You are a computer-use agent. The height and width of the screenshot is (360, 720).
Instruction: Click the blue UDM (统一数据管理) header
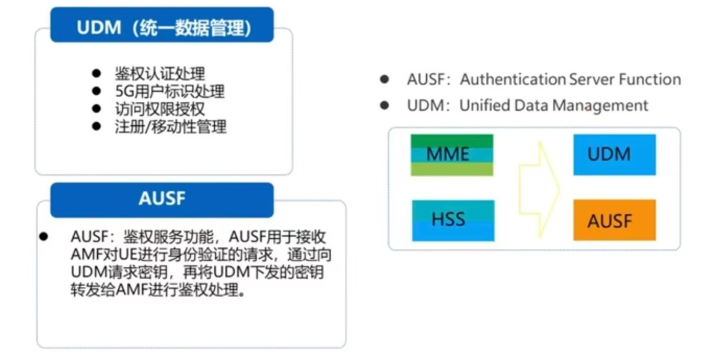(x=162, y=26)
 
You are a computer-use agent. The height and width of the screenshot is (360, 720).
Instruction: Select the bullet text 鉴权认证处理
(x=160, y=73)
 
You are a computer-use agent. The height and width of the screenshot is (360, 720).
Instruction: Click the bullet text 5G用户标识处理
(x=170, y=91)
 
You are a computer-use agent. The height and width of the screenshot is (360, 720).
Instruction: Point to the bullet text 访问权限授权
(x=160, y=109)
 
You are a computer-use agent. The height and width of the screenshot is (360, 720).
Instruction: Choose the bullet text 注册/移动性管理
(x=171, y=126)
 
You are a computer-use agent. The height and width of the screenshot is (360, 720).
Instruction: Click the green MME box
(x=452, y=155)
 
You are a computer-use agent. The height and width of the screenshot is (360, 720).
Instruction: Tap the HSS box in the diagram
(x=453, y=220)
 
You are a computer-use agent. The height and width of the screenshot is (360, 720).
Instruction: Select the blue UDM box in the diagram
(x=614, y=155)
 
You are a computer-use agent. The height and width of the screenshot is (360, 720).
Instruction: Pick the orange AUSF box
(x=614, y=220)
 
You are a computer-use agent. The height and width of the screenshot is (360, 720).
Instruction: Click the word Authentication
(x=513, y=79)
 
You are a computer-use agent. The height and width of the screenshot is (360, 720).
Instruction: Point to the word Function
(x=650, y=79)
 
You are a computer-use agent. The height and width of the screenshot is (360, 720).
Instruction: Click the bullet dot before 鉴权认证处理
(x=96, y=73)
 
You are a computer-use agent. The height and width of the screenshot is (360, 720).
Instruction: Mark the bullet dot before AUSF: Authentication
(x=385, y=79)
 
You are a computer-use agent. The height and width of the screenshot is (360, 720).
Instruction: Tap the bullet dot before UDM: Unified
(x=385, y=106)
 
